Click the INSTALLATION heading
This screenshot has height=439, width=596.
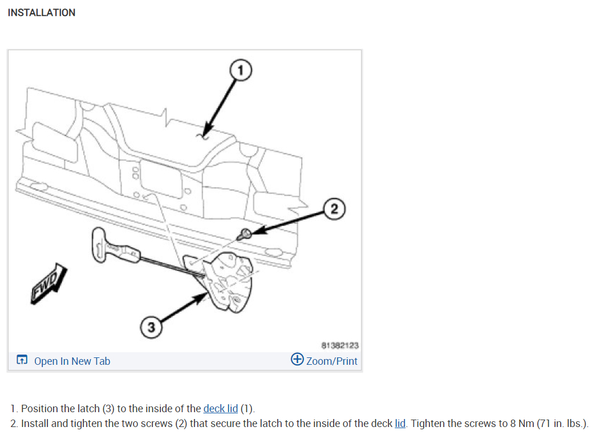point(42,13)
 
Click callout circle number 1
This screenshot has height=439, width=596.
point(241,70)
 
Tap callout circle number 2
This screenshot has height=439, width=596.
point(335,209)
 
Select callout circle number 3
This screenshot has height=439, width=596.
point(151,328)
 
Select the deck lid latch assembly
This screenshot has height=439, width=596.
point(229,280)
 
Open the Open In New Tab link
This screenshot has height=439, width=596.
point(72,361)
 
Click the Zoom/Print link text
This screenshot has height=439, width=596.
point(331,361)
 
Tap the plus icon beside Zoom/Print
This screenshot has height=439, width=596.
point(297,360)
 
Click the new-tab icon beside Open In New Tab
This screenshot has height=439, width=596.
point(22,360)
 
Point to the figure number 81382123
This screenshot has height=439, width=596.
point(340,345)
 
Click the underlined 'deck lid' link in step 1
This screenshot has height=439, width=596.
point(220,409)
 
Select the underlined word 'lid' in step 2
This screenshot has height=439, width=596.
point(400,424)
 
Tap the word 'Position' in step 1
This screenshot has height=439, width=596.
point(40,409)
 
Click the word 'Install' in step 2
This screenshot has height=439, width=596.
point(35,424)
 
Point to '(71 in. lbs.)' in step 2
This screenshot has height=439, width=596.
point(562,424)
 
